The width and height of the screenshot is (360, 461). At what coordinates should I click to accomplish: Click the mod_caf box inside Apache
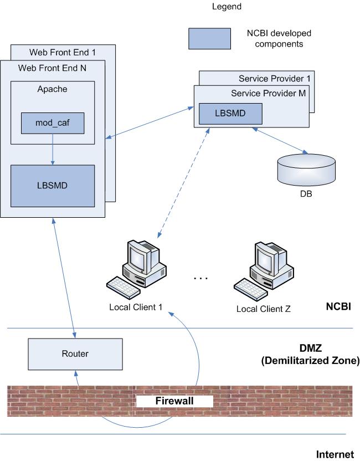[53, 123]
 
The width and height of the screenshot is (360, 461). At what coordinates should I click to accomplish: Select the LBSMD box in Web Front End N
[53, 185]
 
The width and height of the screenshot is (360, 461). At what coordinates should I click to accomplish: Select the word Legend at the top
[227, 7]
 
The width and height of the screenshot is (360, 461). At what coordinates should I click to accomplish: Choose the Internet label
[335, 454]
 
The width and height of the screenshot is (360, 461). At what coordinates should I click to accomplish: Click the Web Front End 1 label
[62, 53]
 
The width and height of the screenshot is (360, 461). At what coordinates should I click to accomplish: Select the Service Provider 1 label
[274, 79]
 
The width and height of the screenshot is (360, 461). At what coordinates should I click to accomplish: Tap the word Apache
[52, 89]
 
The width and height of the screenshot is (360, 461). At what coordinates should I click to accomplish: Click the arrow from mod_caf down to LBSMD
[53, 149]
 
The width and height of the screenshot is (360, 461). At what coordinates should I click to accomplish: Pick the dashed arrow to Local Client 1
[183, 183]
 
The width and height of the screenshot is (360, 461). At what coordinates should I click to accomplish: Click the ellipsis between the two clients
[199, 277]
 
